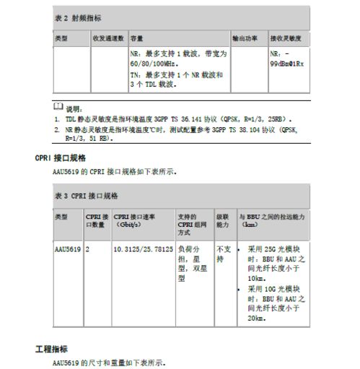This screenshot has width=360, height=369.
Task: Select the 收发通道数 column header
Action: (108, 38)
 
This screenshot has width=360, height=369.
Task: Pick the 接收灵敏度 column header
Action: (286, 38)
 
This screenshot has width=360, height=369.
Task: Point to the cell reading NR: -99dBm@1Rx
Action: (286, 58)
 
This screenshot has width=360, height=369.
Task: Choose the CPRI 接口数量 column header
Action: (97, 220)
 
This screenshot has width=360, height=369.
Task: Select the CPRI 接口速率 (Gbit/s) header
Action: (139, 220)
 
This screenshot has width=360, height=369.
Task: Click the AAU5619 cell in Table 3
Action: (67, 250)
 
